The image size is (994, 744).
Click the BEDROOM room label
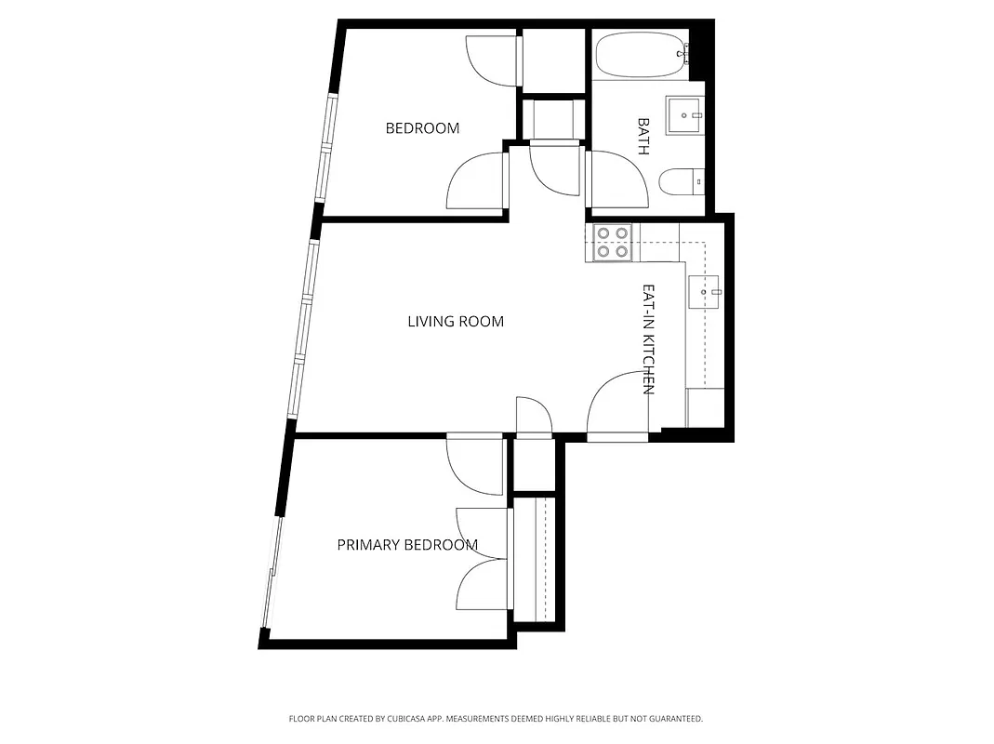(422, 128)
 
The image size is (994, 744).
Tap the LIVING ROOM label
(456, 322)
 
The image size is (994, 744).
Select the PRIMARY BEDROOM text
(407, 545)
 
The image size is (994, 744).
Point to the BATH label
(643, 136)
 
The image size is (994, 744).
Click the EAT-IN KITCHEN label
(649, 339)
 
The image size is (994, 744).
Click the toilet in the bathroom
(679, 181)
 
